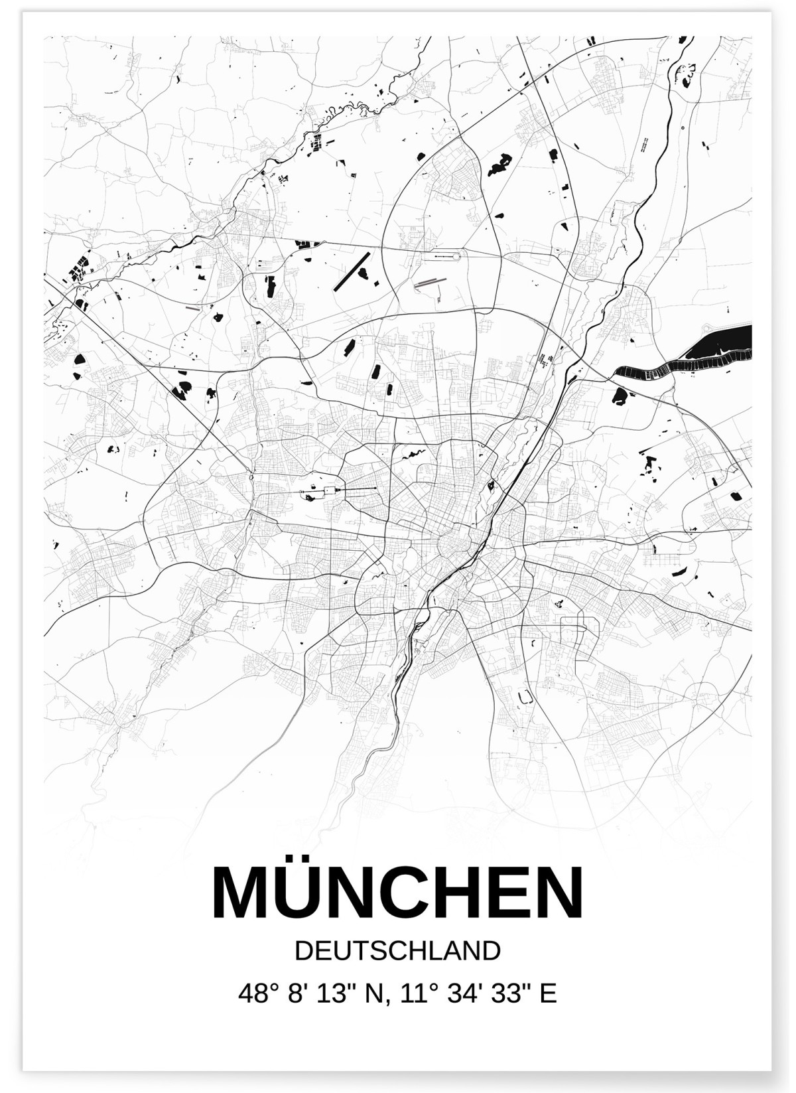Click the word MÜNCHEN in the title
click(x=398, y=892)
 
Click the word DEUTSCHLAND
click(x=397, y=950)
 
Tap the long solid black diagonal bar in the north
click(x=353, y=269)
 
